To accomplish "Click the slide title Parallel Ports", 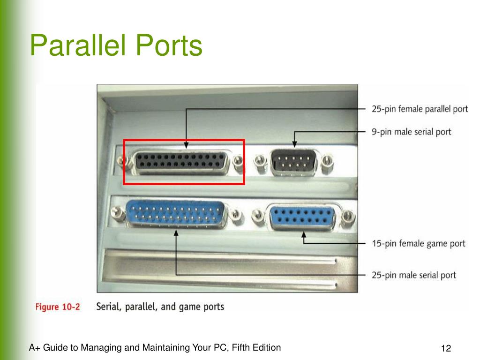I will tap(116, 46).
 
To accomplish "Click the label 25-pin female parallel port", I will tap(420, 109).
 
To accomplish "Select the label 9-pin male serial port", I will tap(411, 132).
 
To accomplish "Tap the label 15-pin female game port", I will tap(418, 243).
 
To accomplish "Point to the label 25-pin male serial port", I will tap(413, 275).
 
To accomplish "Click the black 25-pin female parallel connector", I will tap(183, 161).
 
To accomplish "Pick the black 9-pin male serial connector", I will tap(294, 163).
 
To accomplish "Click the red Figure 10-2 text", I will tap(58, 307).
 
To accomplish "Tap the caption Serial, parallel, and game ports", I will tap(160, 307).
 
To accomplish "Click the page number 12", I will tap(445, 349).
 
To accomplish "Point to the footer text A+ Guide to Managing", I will tap(155, 347).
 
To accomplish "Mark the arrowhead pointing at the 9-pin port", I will tap(295, 145).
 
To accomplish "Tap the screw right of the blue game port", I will tap(348, 216).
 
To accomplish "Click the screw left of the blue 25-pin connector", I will tap(118, 214).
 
